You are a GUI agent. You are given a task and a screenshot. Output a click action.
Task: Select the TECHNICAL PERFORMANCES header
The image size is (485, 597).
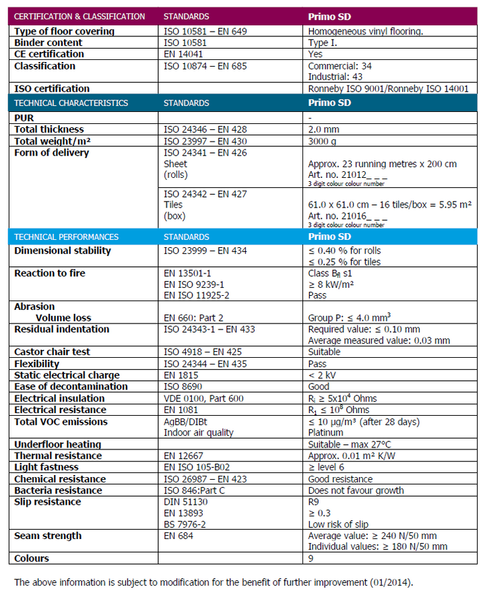(66, 237)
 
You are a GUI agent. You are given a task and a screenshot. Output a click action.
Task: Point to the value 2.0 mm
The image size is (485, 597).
(323, 129)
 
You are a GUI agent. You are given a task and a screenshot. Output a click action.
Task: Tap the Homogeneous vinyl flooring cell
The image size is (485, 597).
(365, 31)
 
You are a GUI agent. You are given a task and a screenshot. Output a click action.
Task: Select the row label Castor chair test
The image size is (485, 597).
(52, 352)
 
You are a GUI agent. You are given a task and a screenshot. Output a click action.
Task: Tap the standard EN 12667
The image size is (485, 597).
(185, 455)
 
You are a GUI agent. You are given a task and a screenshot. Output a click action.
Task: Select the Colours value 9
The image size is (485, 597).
(311, 558)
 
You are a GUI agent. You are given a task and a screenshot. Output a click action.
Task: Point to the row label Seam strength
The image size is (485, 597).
(48, 536)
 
